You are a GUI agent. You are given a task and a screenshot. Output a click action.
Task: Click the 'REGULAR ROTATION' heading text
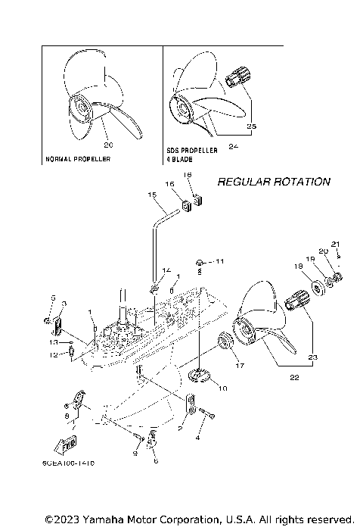click(x=273, y=182)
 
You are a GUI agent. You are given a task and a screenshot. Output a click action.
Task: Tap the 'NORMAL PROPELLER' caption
click(x=79, y=160)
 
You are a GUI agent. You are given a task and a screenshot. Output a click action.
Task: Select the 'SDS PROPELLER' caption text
click(x=192, y=151)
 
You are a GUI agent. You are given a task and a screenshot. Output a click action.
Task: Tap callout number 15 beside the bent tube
click(x=152, y=195)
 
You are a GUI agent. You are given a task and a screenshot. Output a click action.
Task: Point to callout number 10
click(x=223, y=388)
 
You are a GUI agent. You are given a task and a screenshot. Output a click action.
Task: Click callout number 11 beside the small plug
click(x=220, y=261)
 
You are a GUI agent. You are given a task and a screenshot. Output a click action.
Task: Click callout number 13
click(x=52, y=342)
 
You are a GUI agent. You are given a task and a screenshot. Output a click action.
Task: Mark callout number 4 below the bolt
click(x=198, y=438)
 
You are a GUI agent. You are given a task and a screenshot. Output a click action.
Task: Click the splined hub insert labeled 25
click(x=240, y=78)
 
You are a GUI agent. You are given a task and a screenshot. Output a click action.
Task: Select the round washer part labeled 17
click(x=225, y=345)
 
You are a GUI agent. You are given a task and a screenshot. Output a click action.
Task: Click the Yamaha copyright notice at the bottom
click(x=199, y=519)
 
